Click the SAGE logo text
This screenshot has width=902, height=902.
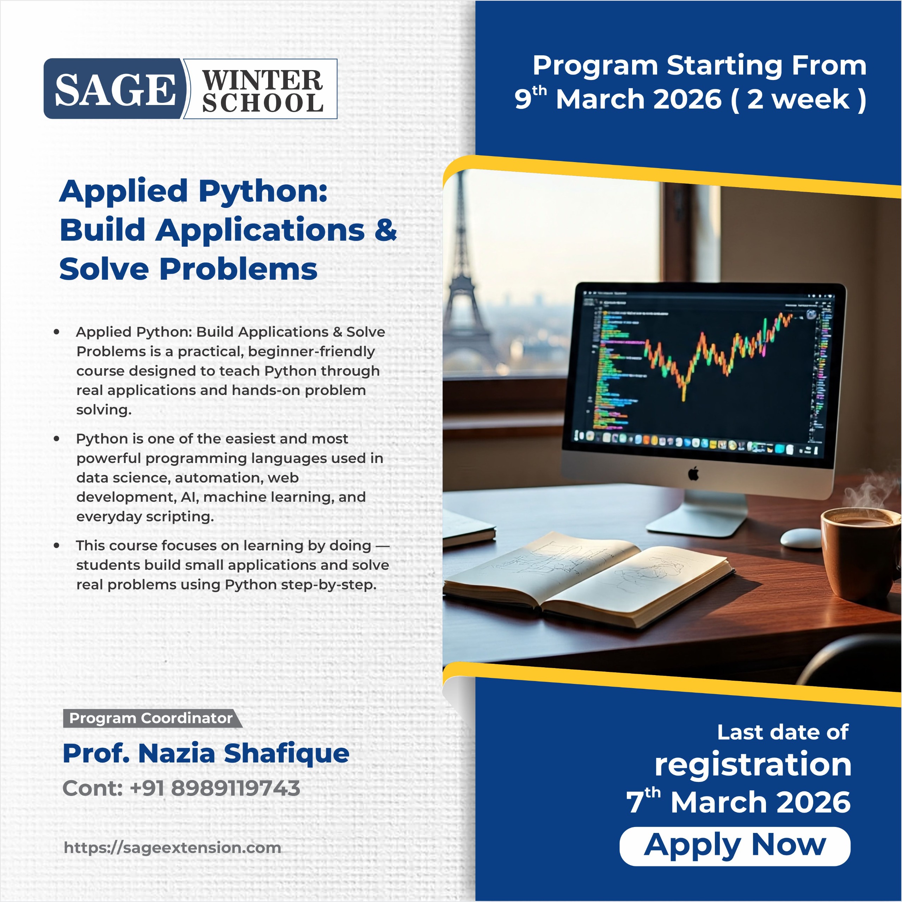click(115, 89)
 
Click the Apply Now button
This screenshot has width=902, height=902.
click(735, 846)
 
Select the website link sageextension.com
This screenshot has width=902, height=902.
click(172, 847)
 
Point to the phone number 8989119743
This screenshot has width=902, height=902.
click(236, 789)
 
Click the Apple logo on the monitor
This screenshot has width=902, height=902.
click(693, 474)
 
